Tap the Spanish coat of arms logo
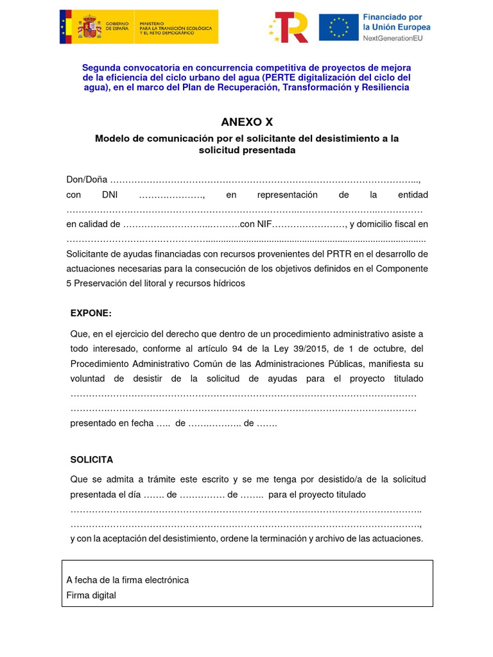(89, 27)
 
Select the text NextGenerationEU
(396, 39)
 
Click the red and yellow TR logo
(289, 27)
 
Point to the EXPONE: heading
(91, 313)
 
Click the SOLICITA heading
(91, 460)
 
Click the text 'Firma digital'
(91, 595)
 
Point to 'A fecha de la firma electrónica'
(128, 580)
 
